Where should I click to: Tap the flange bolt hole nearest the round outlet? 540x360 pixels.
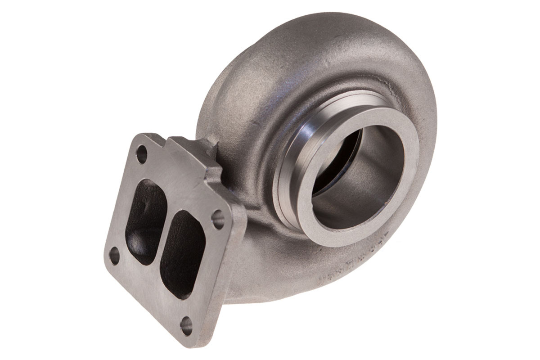pos(219,219)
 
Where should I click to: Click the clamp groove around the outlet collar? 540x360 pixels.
pos(288,189)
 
